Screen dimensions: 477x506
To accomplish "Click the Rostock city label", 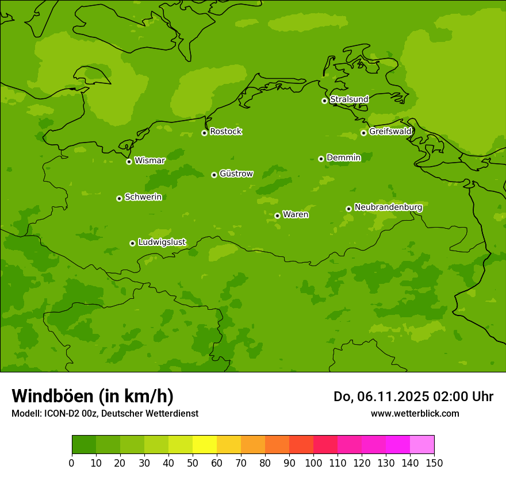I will click(225, 132).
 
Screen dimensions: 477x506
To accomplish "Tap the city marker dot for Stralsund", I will click(324, 101).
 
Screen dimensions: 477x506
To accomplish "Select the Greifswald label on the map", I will click(390, 132).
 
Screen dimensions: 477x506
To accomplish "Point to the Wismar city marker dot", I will click(129, 161).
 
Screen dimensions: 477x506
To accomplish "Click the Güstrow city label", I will click(236, 174).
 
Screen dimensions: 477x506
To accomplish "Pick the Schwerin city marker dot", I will click(119, 198).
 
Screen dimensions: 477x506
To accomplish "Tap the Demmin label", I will click(343, 157).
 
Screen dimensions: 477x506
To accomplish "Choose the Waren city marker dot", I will click(277, 216).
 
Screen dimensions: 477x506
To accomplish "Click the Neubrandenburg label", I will click(388, 207).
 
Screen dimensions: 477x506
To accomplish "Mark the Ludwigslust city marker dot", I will click(132, 243).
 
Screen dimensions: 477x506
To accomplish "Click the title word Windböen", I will click(52, 396).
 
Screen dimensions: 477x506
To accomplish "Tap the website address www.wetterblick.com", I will click(415, 413).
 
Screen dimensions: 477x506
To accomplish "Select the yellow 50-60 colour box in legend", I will click(205, 445).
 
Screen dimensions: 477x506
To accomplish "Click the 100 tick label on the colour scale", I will click(313, 463).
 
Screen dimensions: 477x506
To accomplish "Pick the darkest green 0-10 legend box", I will click(84, 445).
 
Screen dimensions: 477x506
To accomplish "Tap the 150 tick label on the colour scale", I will click(434, 463).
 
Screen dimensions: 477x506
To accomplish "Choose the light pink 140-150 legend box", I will click(422, 445).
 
